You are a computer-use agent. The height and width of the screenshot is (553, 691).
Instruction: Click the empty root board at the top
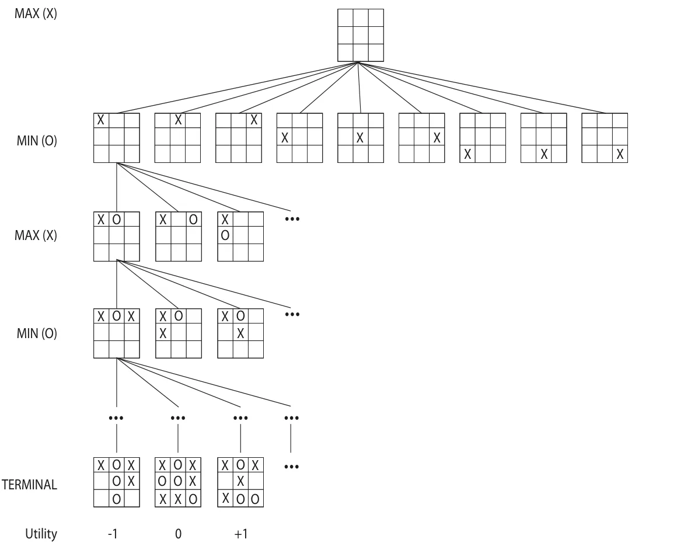(x=361, y=35)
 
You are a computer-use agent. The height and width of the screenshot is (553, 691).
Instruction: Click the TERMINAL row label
(x=30, y=485)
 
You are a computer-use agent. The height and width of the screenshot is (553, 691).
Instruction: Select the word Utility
(x=41, y=534)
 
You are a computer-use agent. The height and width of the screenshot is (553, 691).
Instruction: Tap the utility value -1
(x=113, y=534)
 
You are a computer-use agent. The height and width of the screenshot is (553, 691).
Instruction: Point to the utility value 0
(x=178, y=534)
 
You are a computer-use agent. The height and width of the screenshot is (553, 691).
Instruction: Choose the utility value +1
(x=241, y=534)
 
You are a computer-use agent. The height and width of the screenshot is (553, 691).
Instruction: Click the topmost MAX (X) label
(x=36, y=13)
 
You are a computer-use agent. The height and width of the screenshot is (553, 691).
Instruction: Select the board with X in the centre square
(x=361, y=138)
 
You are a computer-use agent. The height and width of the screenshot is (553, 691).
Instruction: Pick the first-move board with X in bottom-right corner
(x=605, y=138)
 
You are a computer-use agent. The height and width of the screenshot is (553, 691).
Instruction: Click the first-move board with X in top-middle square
(x=177, y=138)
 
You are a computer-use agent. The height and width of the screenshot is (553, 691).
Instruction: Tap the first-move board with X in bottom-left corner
(x=483, y=138)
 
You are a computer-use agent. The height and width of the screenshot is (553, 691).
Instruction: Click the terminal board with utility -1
(x=117, y=482)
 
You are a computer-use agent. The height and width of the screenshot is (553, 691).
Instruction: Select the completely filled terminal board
(x=178, y=482)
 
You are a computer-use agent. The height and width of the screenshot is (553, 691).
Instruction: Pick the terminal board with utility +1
(x=240, y=482)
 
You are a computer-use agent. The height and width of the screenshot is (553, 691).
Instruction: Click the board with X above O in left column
(x=240, y=236)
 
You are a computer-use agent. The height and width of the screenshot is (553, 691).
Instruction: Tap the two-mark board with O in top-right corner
(x=179, y=236)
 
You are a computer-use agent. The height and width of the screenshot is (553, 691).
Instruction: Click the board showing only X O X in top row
(x=117, y=333)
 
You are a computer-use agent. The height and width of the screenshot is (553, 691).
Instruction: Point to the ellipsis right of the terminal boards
(x=292, y=467)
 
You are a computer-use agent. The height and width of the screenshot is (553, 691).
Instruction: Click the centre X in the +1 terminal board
(x=240, y=482)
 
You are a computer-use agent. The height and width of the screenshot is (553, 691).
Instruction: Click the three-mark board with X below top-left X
(x=179, y=333)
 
